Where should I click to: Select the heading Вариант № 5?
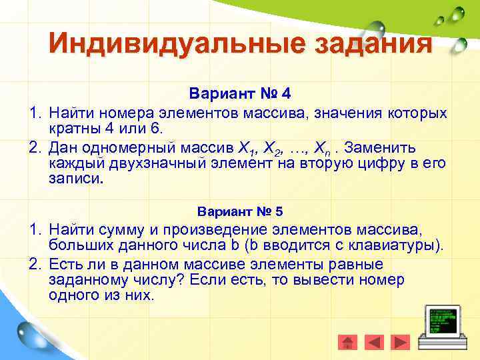[240, 212]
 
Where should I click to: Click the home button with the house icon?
[347, 342]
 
